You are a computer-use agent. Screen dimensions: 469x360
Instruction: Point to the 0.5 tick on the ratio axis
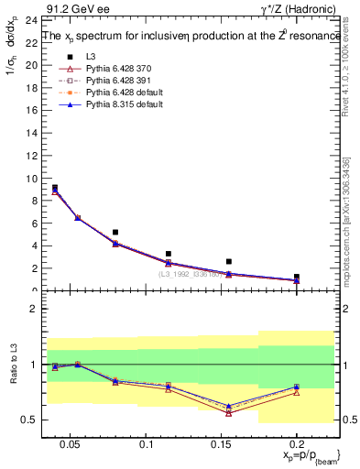click(x=27, y=420)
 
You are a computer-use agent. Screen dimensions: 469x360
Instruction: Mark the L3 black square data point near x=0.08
click(x=115, y=232)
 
